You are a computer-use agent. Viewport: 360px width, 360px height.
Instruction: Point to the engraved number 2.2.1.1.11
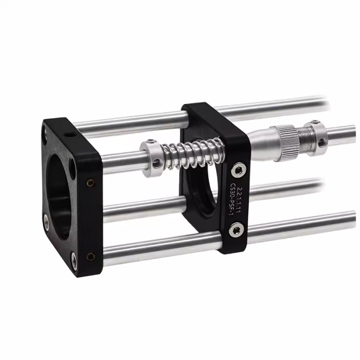click(x=238, y=200)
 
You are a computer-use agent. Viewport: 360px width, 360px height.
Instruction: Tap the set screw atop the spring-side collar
click(x=150, y=141)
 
